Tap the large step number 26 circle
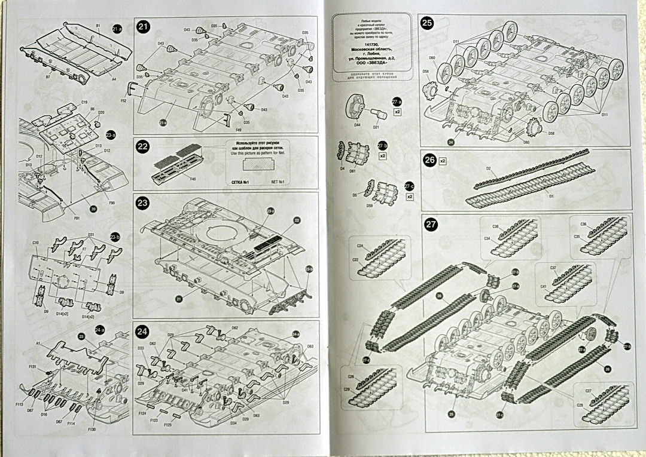pyautogui.click(x=429, y=161)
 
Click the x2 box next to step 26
pyautogui.click(x=443, y=161)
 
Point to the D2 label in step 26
pyautogui.click(x=489, y=170)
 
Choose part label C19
pyautogui.click(x=84, y=102)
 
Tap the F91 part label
pyautogui.click(x=78, y=217)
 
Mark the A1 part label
pyautogui.click(x=37, y=344)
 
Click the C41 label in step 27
pyautogui.click(x=543, y=286)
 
